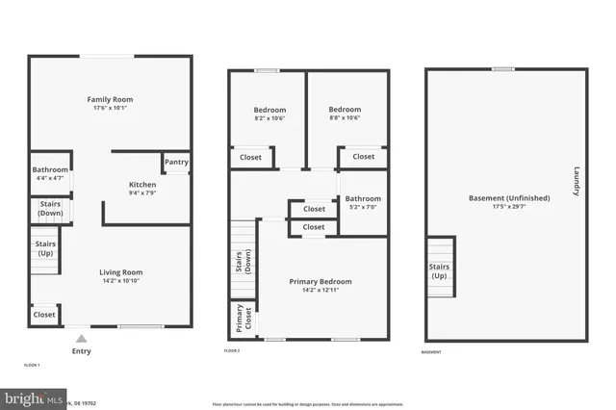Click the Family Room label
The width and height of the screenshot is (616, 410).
(x=110, y=99)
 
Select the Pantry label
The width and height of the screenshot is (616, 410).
(x=176, y=163)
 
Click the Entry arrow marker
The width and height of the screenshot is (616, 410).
(x=82, y=338)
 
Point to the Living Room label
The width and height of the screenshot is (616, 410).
(x=121, y=271)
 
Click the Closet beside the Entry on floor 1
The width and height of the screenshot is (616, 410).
(x=44, y=315)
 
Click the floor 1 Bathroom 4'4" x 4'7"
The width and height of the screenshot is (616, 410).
(x=50, y=173)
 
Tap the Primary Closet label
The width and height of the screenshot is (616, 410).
(x=241, y=320)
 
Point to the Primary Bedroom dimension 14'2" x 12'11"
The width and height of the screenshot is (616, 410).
(x=321, y=291)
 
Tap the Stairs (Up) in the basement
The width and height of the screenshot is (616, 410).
(x=439, y=270)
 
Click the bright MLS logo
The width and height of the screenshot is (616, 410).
(x=33, y=398)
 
